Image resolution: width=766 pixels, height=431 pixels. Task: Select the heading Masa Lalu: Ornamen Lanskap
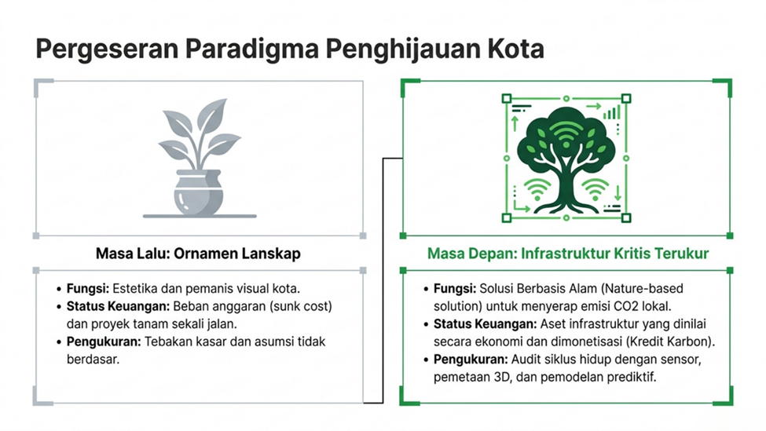coord(198,254)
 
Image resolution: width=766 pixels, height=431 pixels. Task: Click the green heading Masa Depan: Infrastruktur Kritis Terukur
coord(568,254)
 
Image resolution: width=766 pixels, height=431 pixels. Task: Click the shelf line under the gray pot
coord(200,216)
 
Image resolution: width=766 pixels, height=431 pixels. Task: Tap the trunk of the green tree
coord(566,181)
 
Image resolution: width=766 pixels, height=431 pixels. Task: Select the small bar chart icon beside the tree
coord(611,112)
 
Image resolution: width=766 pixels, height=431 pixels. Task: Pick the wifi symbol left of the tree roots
coord(537,189)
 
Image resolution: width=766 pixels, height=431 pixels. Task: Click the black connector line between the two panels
coord(383,280)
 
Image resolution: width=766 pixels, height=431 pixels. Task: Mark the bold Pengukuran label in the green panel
coord(471,360)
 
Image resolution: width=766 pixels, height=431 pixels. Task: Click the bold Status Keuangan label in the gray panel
coord(118,306)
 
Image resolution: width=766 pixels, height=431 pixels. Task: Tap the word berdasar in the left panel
coord(93,360)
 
